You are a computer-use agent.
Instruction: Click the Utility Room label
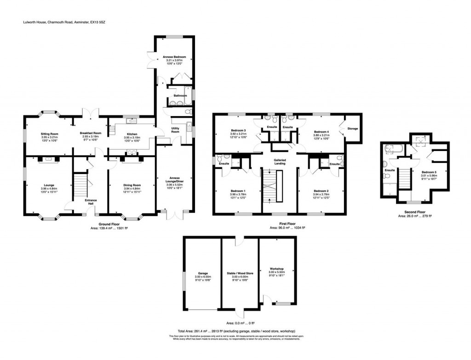175,130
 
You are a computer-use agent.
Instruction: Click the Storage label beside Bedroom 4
353,128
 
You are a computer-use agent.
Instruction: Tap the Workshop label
277,268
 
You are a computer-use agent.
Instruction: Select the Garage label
203,273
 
